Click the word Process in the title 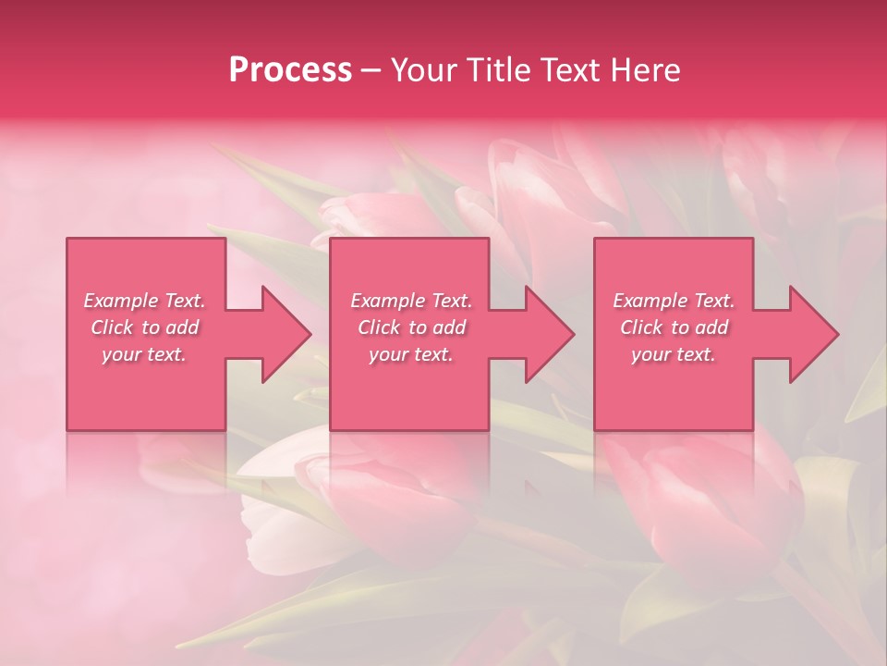click(290, 70)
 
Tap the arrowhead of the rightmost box click(813, 334)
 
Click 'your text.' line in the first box click(144, 354)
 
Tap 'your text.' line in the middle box click(410, 354)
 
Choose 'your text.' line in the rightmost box click(673, 354)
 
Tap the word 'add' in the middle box click(449, 327)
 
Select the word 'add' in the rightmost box click(711, 327)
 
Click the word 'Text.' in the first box click(185, 301)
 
